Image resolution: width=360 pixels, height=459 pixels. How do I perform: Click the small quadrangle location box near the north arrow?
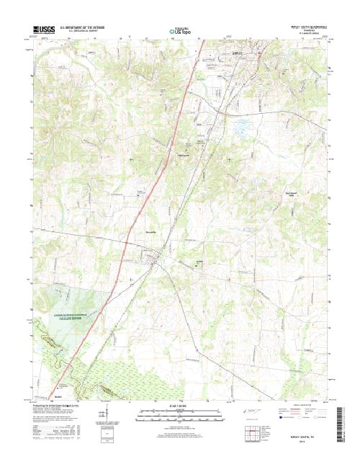109,432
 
